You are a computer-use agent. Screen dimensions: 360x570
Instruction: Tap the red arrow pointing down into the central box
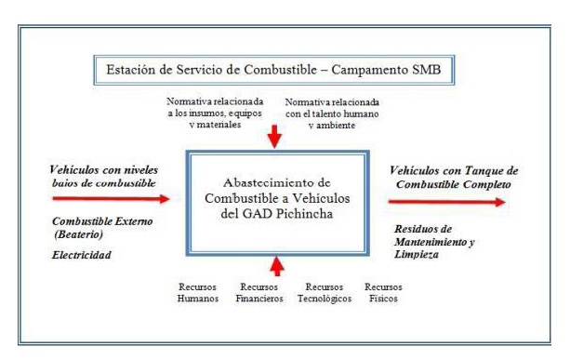click(x=274, y=138)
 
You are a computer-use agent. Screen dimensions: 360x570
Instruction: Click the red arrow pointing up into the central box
click(x=277, y=265)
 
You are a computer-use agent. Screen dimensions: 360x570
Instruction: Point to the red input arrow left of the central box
click(x=113, y=198)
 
